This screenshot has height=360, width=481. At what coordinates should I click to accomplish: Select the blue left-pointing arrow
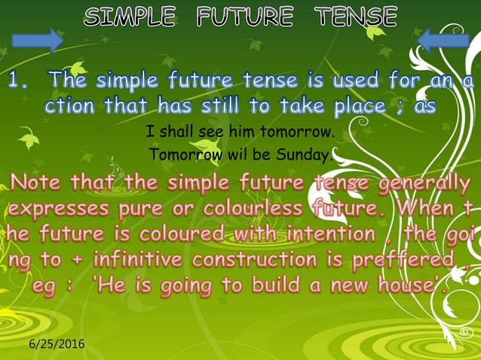pyautogui.click(x=443, y=39)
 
